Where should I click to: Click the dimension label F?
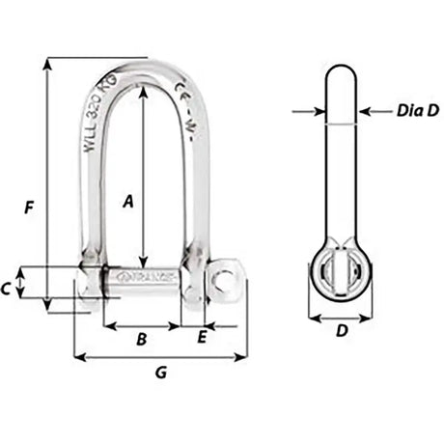click(30, 207)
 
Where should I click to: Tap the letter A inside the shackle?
click(127, 201)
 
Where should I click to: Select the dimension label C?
click(32, 287)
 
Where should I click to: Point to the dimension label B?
click(141, 340)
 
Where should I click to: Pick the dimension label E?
click(201, 337)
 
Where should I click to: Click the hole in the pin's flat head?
click(226, 279)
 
